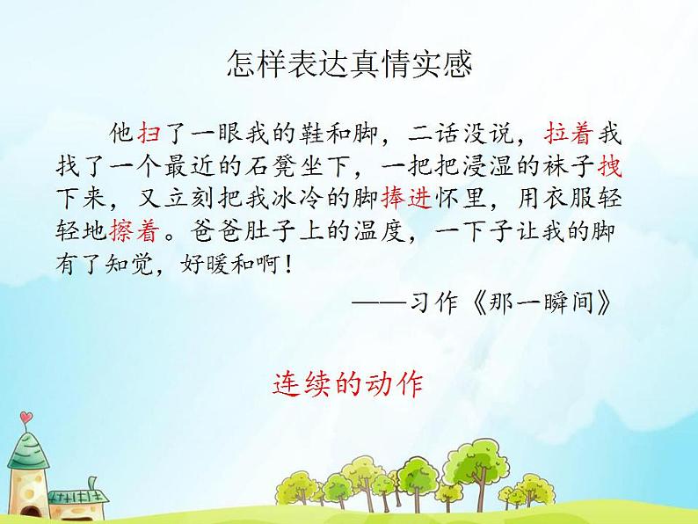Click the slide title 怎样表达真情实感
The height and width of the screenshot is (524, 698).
click(349, 63)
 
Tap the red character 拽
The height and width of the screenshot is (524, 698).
click(610, 166)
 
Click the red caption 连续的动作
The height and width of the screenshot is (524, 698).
click(348, 384)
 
